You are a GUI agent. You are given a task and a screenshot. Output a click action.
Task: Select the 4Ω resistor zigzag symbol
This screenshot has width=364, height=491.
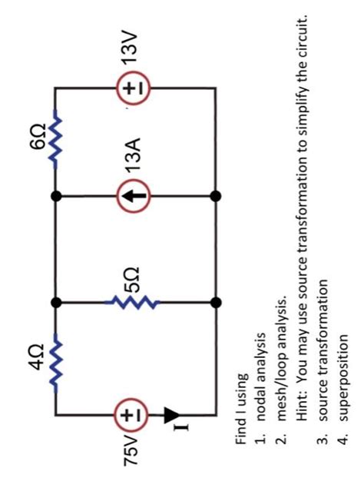click(x=55, y=359)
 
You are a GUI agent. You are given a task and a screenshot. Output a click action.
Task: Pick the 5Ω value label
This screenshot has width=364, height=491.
click(x=132, y=274)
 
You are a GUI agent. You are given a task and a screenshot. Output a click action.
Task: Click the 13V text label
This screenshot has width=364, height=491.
click(x=133, y=48)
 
